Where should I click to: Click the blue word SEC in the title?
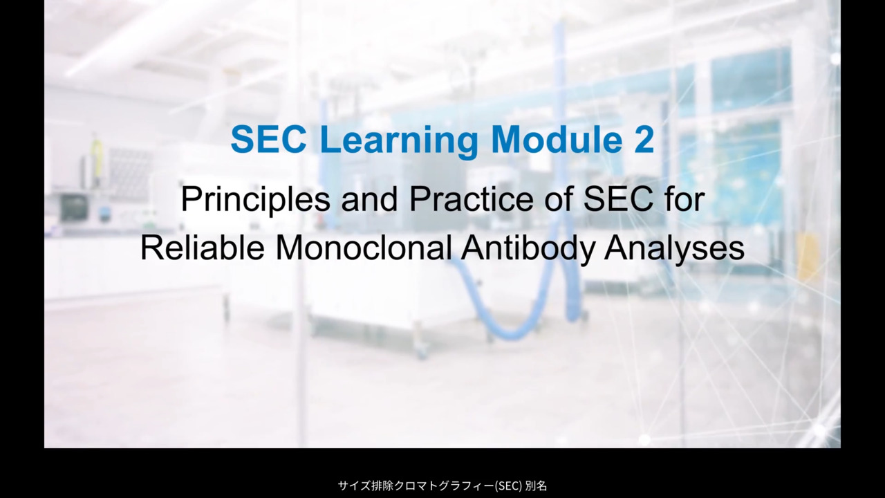pos(269,139)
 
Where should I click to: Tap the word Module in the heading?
pos(558,139)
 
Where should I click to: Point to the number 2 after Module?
pos(644,139)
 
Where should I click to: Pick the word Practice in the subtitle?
pos(471,199)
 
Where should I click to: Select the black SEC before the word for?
pos(618,199)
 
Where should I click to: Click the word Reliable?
pos(203,248)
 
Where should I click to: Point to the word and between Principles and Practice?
pos(369,199)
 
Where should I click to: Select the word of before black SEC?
pos(558,199)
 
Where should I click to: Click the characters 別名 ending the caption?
pos(536,486)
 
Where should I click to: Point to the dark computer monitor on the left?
pos(74,207)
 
